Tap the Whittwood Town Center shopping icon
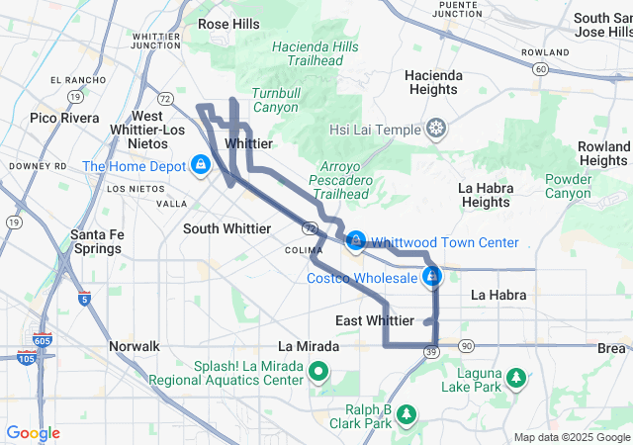point(356,240)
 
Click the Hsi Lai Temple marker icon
point(436,129)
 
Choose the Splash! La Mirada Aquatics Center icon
point(318,373)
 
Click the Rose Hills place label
point(228,23)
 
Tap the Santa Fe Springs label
point(96,240)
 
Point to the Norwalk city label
point(134,346)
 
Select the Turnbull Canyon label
point(275,100)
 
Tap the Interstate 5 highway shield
point(84,298)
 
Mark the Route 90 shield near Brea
point(466,346)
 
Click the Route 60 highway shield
point(539,69)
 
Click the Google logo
point(34,433)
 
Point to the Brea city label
point(611,348)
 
